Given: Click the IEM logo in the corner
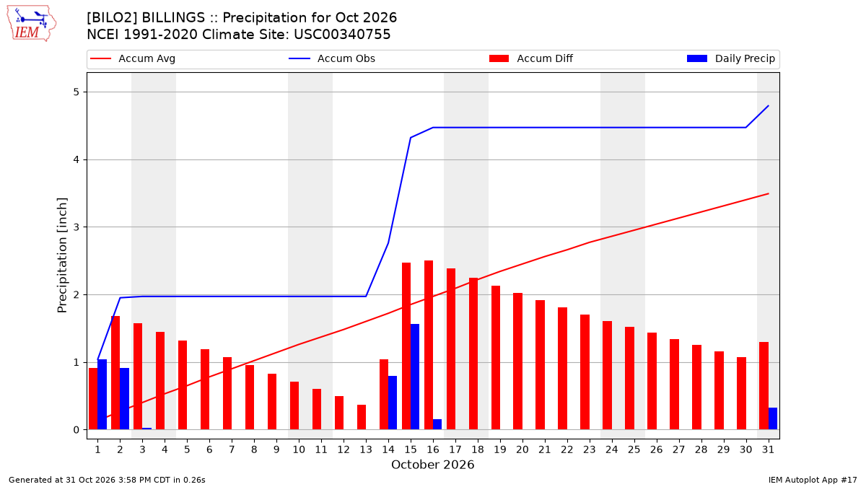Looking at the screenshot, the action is (32, 24).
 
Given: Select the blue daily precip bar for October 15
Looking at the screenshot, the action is (415, 377).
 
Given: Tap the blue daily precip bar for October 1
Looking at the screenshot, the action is (102, 395).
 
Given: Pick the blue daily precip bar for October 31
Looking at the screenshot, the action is (772, 418).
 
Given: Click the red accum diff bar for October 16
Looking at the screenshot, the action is (429, 345).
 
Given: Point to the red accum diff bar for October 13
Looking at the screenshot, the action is (362, 418).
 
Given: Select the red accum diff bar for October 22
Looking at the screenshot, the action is (562, 369).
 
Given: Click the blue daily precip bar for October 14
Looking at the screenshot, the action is (393, 403).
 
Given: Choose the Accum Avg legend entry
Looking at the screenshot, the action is (133, 58).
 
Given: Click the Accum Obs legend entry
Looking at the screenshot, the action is (332, 58).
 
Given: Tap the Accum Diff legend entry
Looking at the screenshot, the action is (531, 58).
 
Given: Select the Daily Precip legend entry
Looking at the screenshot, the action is (731, 58).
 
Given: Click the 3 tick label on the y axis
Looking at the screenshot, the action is (76, 227).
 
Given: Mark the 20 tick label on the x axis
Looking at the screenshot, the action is (522, 449).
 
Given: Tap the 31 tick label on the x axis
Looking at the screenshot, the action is (768, 449).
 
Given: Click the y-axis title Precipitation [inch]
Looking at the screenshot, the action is (62, 255).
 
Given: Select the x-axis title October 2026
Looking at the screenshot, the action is (432, 465).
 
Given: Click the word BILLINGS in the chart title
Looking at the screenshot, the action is (174, 18).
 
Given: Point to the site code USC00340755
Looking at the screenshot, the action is (342, 35).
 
